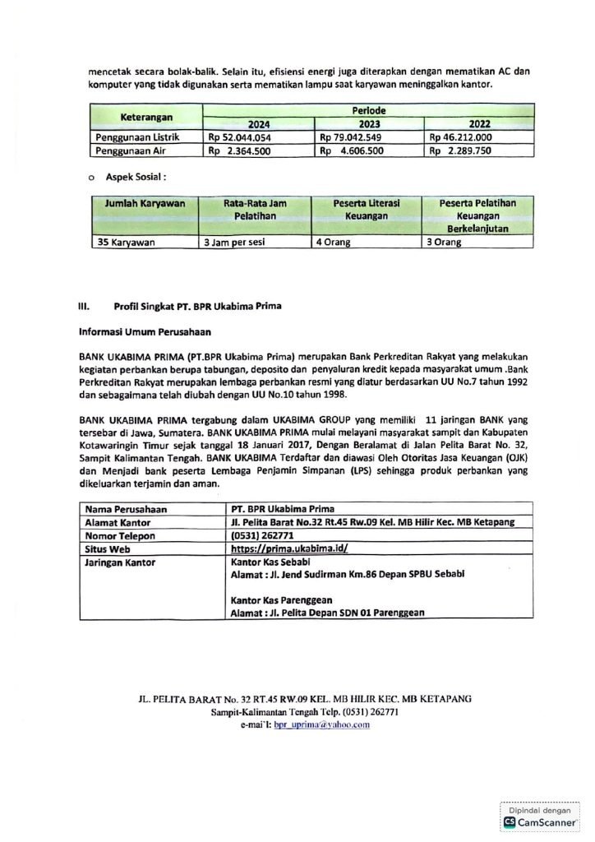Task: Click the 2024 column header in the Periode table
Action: pos(259,124)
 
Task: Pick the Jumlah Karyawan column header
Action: pos(144,202)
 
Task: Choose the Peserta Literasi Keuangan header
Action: pos(367,209)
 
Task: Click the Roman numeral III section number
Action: pos(83,307)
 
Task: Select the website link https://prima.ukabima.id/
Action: pos(289,548)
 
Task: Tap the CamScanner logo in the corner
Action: pos(540,821)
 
